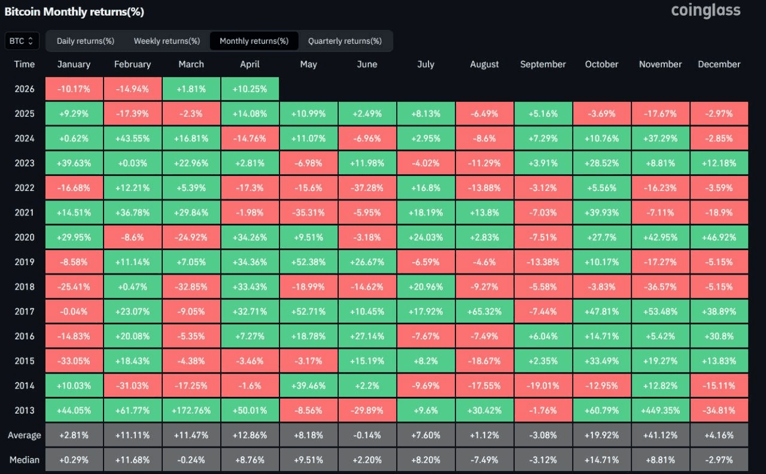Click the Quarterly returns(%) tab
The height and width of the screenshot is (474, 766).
point(345,41)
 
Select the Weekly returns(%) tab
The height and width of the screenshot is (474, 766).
point(167,41)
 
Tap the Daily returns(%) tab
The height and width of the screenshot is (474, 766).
point(86,41)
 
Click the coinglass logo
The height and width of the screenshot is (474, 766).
point(706,10)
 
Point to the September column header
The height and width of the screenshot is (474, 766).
point(543,64)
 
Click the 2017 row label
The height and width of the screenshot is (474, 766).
point(25,311)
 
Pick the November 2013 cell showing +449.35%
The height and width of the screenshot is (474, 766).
point(660,411)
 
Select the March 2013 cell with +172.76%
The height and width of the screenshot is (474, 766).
point(191,411)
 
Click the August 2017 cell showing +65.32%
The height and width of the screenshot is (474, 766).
point(484,311)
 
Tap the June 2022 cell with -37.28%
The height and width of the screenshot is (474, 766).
point(367,188)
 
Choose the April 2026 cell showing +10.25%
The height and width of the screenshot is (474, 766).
point(250,89)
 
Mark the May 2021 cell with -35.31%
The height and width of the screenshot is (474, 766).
point(308,212)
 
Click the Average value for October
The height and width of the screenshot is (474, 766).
point(601,435)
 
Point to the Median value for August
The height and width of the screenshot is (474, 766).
point(484,460)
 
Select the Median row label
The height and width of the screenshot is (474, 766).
point(25,460)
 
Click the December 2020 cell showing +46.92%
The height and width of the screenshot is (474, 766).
point(719,237)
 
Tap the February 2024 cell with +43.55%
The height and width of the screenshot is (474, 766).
point(132,138)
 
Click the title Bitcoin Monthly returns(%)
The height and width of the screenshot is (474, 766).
point(74,12)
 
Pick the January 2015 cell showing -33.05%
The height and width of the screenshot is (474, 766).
point(74,361)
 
